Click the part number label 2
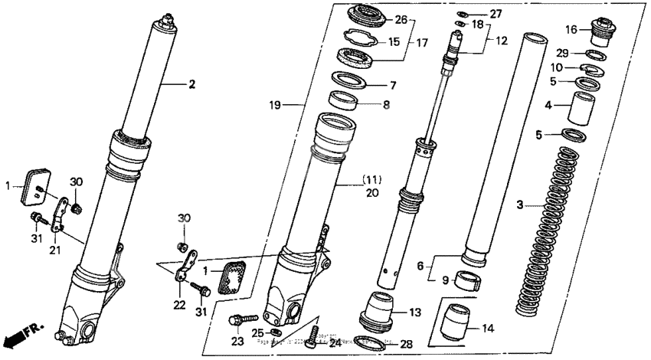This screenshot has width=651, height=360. pos(192,84)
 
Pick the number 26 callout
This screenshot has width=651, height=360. pos(401,19)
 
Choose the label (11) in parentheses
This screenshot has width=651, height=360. pos(372,181)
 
